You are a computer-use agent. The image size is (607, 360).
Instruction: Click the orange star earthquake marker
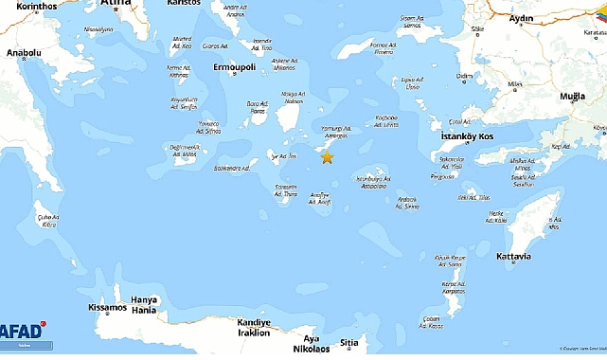point(327,157)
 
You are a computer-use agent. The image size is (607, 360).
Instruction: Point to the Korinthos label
point(29,6)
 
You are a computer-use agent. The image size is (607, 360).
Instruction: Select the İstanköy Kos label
point(469,137)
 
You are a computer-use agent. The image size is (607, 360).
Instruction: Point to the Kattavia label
point(513,257)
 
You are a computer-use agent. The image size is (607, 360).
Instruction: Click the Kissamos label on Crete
point(107,308)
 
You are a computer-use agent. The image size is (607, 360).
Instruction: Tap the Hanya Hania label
point(144,305)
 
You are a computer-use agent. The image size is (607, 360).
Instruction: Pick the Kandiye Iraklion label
point(253,328)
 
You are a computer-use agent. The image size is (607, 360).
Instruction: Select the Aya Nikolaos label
point(312,343)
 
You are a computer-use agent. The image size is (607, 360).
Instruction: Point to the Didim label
point(465,75)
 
